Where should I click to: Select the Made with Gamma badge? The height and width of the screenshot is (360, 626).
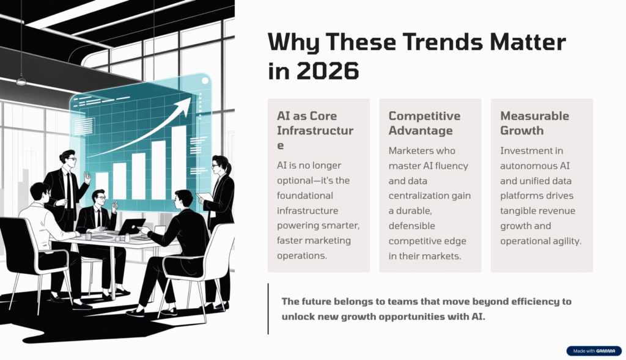coord(593,351)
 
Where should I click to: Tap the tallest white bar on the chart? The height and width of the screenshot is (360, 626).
coord(179,162)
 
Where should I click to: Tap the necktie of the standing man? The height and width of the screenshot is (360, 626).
coord(70,188)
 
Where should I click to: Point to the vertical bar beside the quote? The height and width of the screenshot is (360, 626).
coord(268,309)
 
